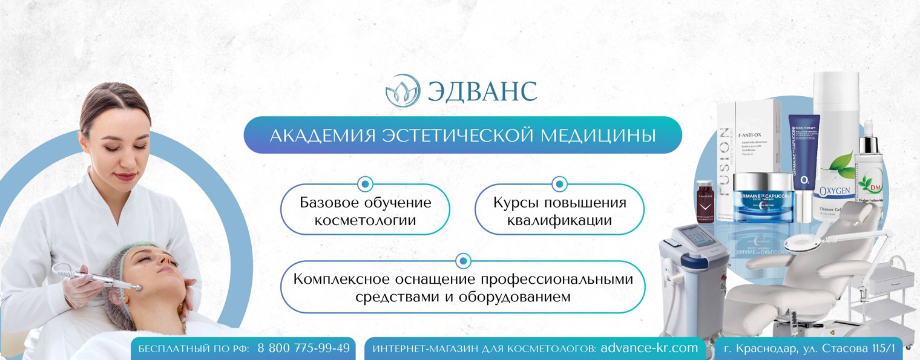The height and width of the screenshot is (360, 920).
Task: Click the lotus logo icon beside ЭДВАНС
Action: tap(402, 90)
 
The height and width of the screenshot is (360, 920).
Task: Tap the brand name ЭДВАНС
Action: tap(482, 91)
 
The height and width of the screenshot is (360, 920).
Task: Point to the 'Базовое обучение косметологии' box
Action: tap(365, 210)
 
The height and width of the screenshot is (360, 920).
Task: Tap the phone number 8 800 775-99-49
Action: tap(303, 349)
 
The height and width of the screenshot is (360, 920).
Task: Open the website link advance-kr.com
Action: tap(649, 349)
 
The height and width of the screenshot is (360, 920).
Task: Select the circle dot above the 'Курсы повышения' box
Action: tap(560, 183)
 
